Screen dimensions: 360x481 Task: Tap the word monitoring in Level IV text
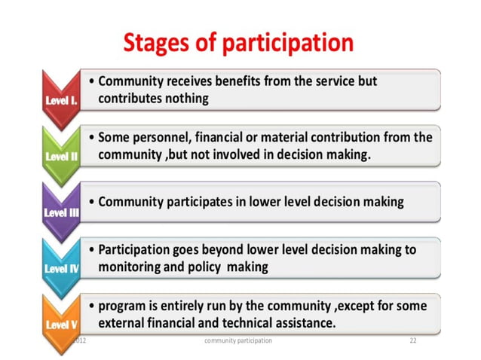point(132,267)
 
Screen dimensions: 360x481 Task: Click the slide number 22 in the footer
point(413,341)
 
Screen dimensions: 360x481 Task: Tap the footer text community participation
point(238,341)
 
